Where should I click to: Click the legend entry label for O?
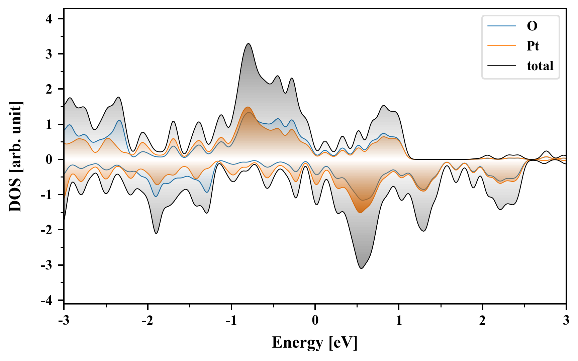point(532,26)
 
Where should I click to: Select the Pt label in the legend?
point(533,46)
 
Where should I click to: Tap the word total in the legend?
point(540,66)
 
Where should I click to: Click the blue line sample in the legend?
point(502,26)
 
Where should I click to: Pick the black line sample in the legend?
point(502,66)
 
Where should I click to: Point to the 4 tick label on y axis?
point(49,19)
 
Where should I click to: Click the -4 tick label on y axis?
point(47,300)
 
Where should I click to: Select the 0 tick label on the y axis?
point(49,159)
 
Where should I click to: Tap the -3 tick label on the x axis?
point(64,321)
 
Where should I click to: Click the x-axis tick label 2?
point(482,321)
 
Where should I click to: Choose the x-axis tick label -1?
point(231,321)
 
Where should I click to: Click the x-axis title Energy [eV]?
point(315,343)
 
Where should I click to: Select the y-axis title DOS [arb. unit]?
point(15,156)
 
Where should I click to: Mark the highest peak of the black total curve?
point(248,43)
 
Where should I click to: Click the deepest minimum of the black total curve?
point(361,268)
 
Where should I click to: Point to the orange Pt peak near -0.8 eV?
point(248,107)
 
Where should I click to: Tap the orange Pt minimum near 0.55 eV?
point(360,213)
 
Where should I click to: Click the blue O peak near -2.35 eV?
point(119,120)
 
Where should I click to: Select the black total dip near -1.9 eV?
point(156,233)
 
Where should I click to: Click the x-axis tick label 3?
point(566,321)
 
